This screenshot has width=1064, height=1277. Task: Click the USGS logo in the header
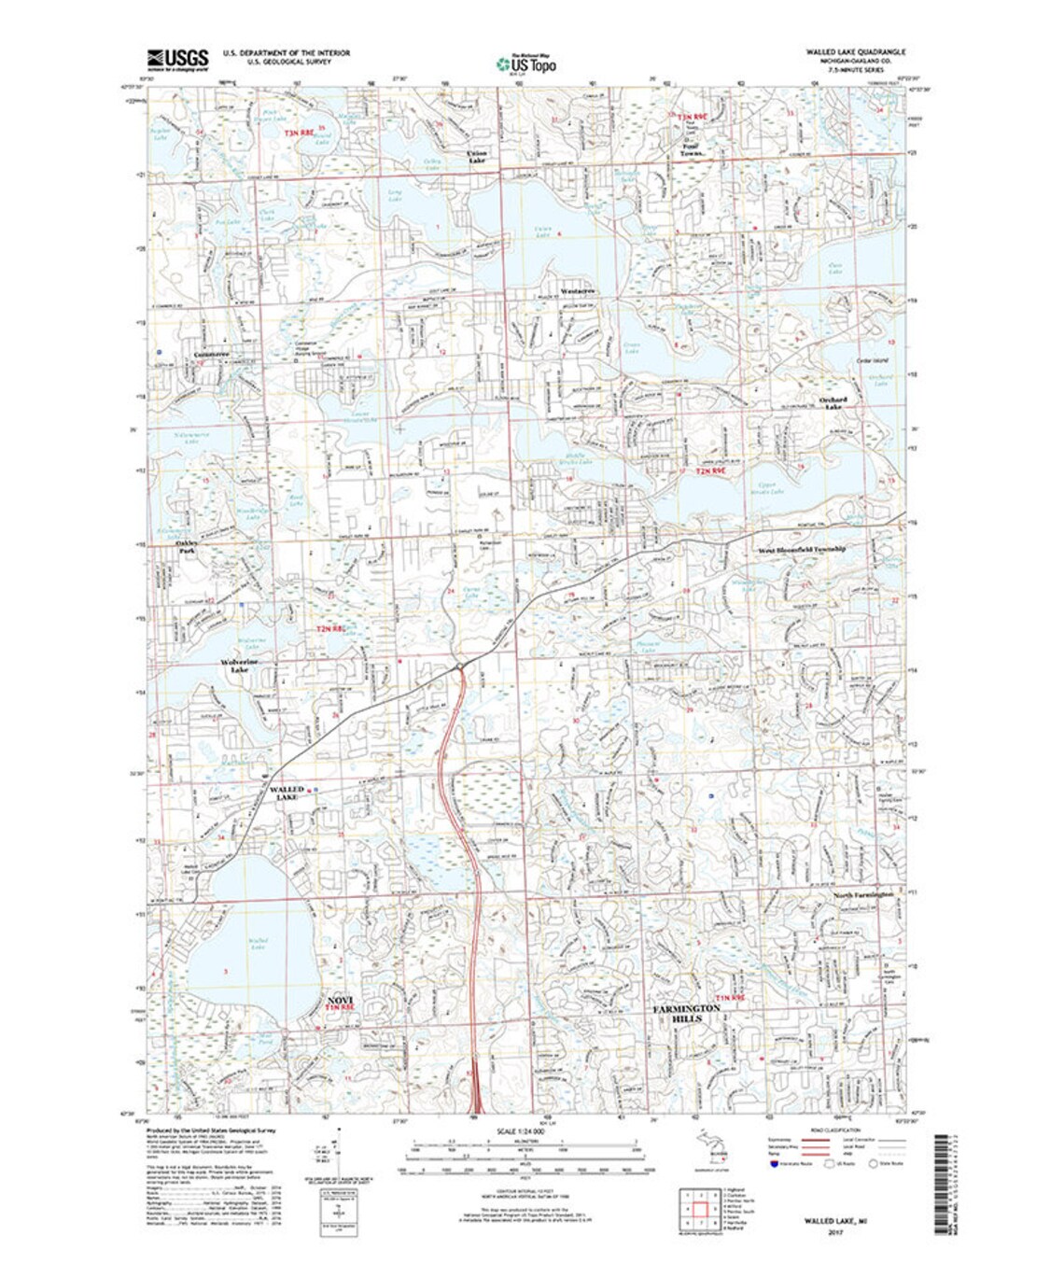(178, 57)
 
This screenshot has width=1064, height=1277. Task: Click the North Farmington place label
(863, 894)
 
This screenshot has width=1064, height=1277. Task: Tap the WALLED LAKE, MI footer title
(833, 1220)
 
